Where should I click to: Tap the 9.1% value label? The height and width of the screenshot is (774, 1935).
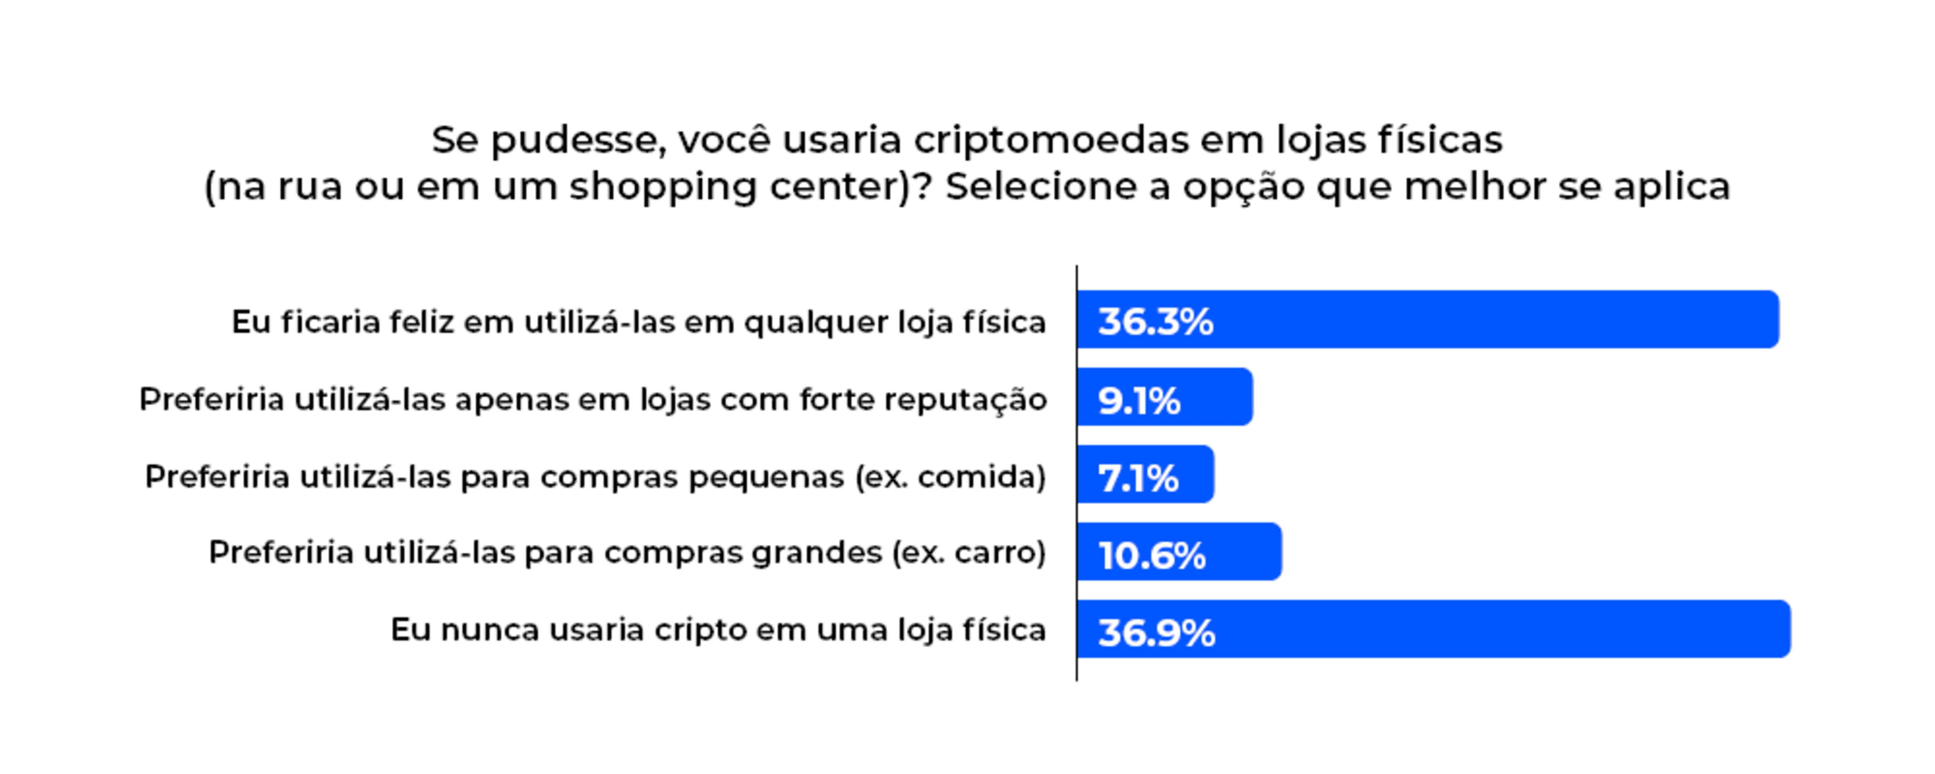tap(1139, 400)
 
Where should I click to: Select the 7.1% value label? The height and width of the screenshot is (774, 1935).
tap(1138, 477)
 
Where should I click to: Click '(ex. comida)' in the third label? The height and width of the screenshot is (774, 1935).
tap(950, 477)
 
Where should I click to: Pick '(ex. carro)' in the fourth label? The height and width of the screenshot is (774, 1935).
tap(969, 553)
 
